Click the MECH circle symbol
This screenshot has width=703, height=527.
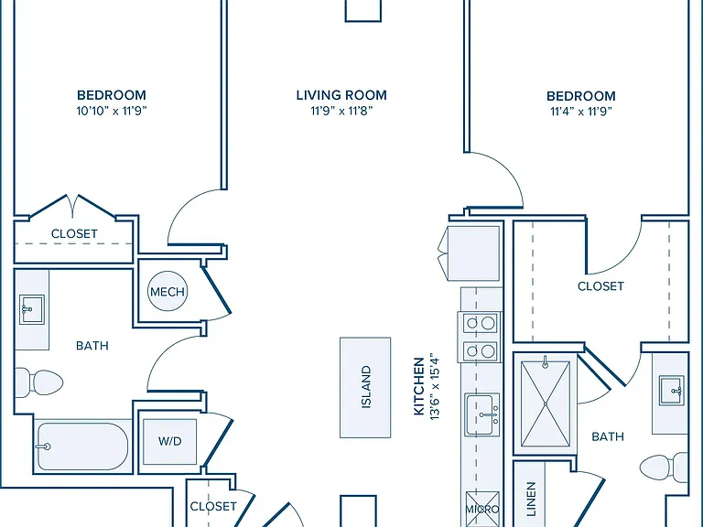(x=168, y=291)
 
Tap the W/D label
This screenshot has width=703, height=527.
(x=170, y=441)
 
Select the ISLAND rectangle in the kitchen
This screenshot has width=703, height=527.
(x=365, y=387)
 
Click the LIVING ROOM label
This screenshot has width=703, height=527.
(x=341, y=95)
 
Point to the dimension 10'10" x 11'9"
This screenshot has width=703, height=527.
(x=112, y=111)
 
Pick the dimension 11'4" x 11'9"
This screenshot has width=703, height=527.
(x=581, y=111)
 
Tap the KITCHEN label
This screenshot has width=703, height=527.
(x=418, y=386)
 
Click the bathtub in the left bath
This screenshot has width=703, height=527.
(x=83, y=446)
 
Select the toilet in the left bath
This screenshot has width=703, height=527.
(x=39, y=382)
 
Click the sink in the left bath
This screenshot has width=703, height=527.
(x=31, y=309)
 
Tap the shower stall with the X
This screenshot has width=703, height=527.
(x=546, y=403)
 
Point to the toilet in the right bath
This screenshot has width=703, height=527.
(x=664, y=468)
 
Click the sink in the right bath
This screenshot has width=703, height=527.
(x=672, y=391)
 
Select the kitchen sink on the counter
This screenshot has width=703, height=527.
(x=482, y=414)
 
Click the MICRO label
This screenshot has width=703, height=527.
(x=482, y=509)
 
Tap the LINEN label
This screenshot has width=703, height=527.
(x=531, y=499)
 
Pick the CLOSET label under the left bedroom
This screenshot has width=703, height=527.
(x=74, y=233)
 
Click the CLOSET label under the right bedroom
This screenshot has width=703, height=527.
(x=600, y=285)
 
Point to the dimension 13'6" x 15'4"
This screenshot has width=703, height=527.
(x=435, y=388)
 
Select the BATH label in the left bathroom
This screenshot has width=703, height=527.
(x=92, y=346)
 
